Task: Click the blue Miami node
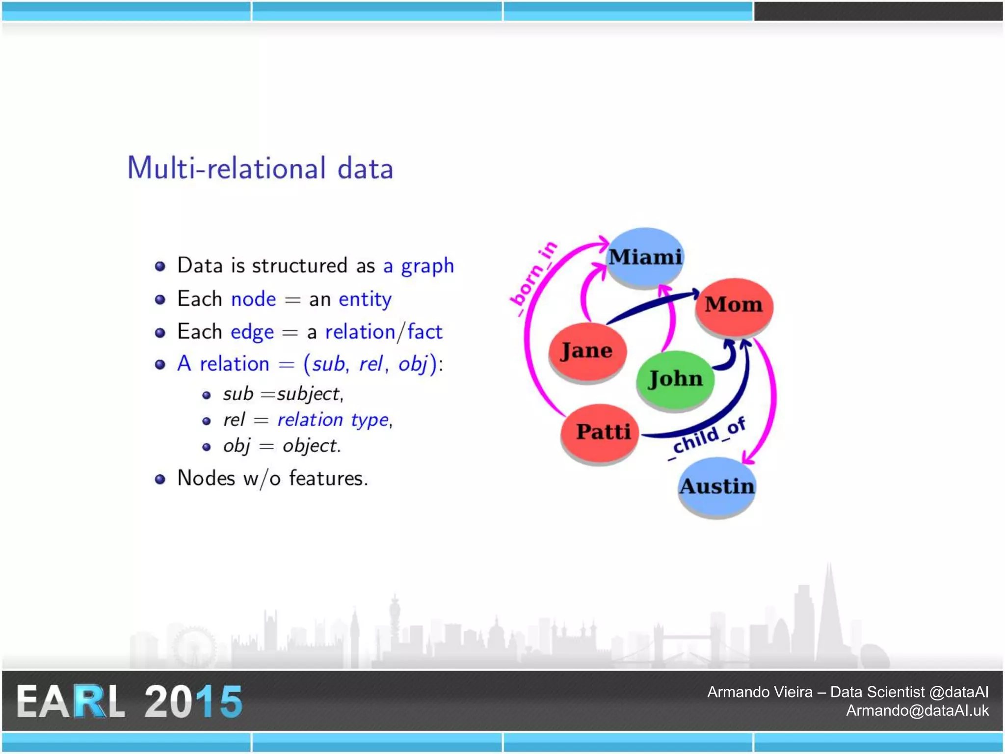645,257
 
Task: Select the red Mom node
734,306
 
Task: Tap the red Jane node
587,350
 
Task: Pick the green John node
675,379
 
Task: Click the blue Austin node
716,486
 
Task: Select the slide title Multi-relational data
260,168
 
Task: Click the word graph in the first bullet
427,266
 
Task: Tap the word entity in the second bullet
365,299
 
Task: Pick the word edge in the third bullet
252,332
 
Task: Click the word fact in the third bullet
425,332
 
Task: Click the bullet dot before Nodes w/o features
160,479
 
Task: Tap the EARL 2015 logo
129,701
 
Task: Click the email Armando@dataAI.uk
917,710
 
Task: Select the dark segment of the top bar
878,11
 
